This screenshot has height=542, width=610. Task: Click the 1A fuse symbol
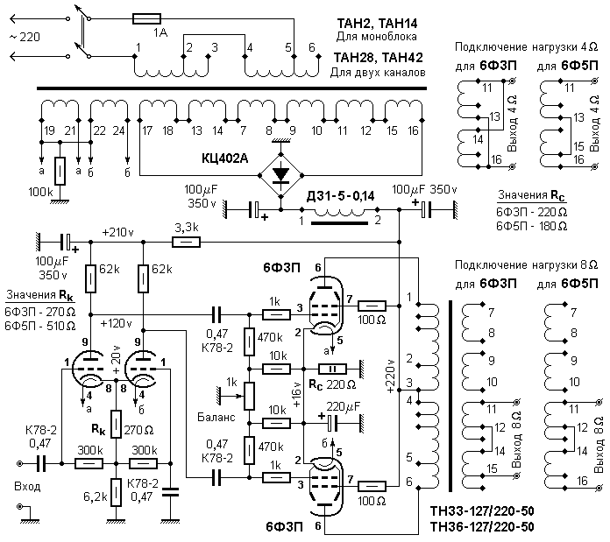[146, 18]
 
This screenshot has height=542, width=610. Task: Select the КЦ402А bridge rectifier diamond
[281, 175]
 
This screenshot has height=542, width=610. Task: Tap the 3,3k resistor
[187, 243]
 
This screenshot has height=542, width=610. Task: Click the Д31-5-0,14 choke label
[341, 196]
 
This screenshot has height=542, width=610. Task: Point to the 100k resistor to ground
[60, 171]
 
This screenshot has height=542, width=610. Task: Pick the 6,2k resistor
[116, 492]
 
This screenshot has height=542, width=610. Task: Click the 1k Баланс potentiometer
[250, 396]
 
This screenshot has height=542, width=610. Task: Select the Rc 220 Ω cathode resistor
[333, 369]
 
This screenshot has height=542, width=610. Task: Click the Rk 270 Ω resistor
[116, 425]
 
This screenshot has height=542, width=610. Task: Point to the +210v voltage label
[117, 233]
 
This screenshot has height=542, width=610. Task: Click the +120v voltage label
[116, 323]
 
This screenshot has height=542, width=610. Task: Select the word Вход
[27, 487]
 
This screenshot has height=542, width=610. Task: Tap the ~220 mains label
[25, 37]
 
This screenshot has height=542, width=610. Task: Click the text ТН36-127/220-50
[482, 527]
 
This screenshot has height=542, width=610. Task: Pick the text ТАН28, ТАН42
[378, 58]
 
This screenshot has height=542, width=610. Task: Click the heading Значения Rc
[531, 195]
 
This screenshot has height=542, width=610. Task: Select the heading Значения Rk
[40, 296]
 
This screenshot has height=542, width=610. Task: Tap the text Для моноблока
[376, 37]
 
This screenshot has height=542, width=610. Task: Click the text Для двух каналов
[378, 73]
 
